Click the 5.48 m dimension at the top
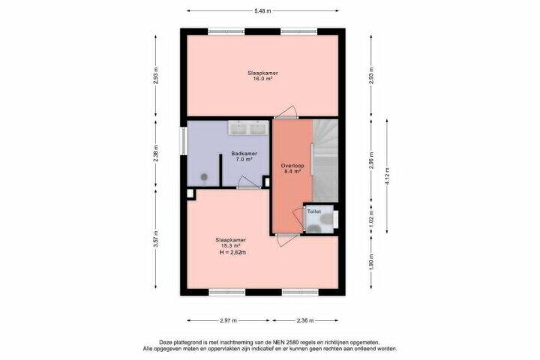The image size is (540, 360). click(262, 10)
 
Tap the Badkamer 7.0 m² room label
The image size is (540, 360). click(244, 157)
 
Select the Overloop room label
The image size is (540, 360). click(292, 165)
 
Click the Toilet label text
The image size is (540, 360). click(313, 211)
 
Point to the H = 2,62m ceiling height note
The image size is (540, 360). click(232, 253)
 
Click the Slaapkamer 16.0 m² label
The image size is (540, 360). click(262, 76)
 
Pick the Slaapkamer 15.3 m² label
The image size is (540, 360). click(231, 242)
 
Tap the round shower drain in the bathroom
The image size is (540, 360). click(204, 177)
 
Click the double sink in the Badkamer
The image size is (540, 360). click(249, 127)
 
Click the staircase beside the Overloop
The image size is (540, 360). click(325, 160)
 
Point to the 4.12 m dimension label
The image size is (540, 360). click(387, 176)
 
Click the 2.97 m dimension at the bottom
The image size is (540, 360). click(228, 321)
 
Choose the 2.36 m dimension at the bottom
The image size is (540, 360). click(305, 321)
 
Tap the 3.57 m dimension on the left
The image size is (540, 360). click(156, 238)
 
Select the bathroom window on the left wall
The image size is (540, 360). click(184, 141)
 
